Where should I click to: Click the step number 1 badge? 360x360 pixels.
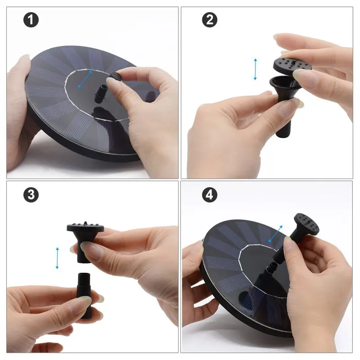click(x=31, y=20)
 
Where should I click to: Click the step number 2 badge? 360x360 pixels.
click(x=210, y=20)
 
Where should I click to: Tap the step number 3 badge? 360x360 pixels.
click(x=31, y=195)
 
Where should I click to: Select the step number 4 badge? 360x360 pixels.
click(x=210, y=195)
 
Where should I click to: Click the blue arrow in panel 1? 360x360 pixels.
click(x=85, y=79)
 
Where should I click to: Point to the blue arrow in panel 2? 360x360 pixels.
click(x=255, y=69)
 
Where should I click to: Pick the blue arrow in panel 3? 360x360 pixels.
click(x=57, y=258)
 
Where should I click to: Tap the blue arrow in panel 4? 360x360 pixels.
click(x=275, y=234)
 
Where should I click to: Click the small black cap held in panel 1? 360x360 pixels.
click(x=116, y=76)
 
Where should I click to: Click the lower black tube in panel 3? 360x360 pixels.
click(x=85, y=296)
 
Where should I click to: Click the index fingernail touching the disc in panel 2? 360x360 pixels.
click(x=300, y=74)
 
